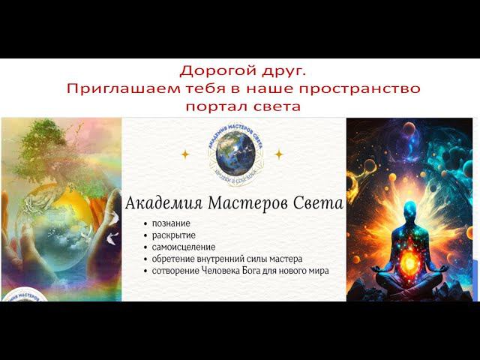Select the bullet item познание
coord(170,223)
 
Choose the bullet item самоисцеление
coord(183,247)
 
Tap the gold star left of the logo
coord(184,154)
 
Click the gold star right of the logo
coord(278,154)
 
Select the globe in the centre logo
coord(231,154)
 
